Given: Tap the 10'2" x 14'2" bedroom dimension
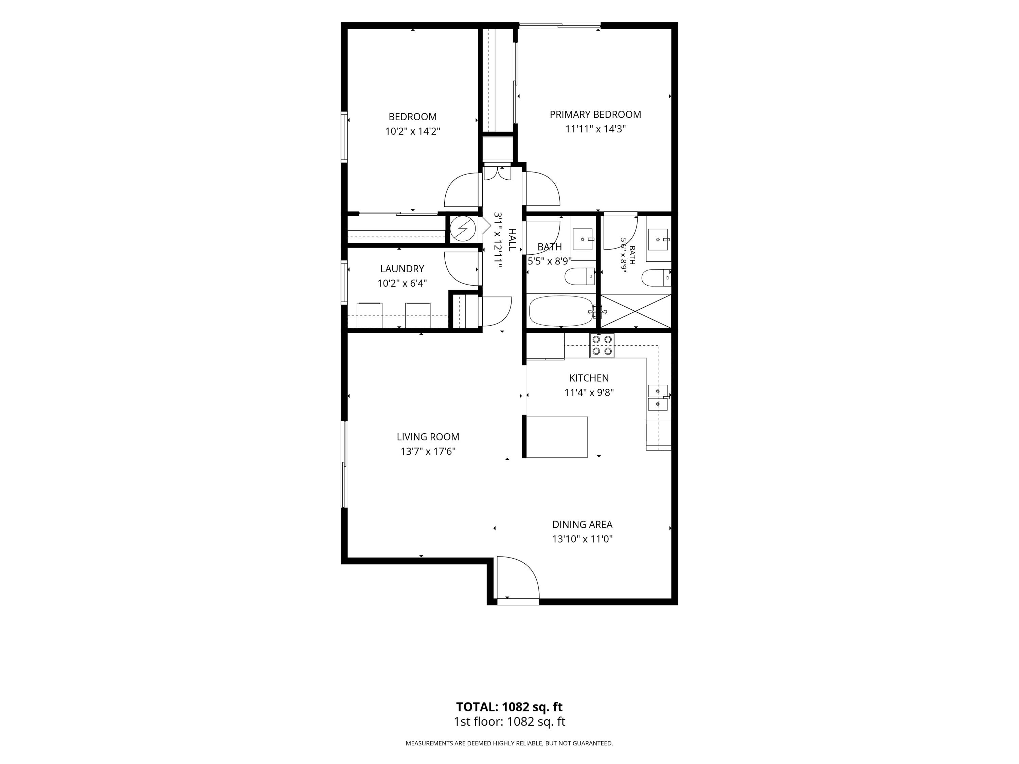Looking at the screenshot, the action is [413, 132].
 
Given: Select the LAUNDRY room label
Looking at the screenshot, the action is [402, 269].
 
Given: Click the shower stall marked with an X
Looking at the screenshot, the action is [636, 311].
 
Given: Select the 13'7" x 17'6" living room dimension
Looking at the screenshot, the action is [428, 452].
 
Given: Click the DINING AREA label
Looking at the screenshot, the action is [582, 525].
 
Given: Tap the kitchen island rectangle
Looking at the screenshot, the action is [557, 437].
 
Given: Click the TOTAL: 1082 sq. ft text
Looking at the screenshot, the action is [509, 707].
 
